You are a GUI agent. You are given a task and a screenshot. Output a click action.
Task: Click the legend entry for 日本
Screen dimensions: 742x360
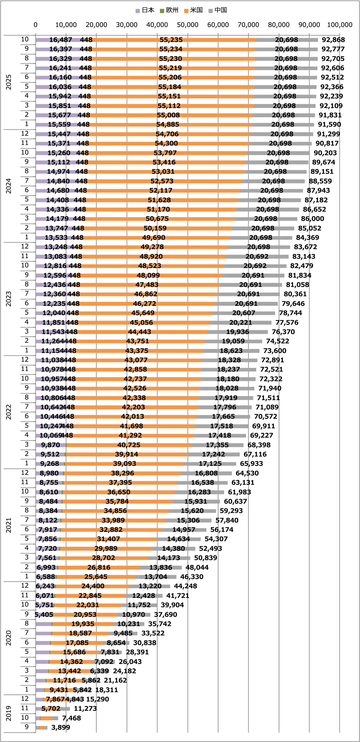click(145, 10)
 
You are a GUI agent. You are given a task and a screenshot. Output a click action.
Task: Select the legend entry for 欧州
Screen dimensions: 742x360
click(169, 10)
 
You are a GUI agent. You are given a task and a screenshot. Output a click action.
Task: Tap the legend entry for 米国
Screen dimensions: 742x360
click(194, 10)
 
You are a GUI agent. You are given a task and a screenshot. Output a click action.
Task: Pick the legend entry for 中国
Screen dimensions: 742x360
click(218, 10)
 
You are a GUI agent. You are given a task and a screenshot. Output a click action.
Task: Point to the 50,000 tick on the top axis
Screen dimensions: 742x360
click(187, 25)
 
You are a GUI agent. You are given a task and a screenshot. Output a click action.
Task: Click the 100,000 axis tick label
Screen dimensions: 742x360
click(340, 25)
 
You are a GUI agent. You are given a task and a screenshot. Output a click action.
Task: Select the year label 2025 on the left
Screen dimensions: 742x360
click(9, 82)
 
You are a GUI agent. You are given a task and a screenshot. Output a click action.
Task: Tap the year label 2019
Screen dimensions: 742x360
click(9, 713)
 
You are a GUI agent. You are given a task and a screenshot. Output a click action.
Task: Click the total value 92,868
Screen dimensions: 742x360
click(333, 40)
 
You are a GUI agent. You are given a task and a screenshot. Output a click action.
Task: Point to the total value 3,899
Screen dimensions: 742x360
click(61, 727)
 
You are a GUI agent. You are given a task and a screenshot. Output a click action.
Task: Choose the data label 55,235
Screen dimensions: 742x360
click(171, 40)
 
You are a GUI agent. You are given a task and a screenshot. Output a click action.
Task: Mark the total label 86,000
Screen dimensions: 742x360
click(313, 219)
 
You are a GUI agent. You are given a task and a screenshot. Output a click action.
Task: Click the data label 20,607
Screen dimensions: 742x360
click(244, 313)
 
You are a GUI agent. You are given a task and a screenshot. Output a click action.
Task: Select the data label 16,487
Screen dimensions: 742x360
click(61, 40)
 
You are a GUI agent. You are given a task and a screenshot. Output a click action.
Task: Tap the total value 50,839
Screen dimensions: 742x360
click(205, 558)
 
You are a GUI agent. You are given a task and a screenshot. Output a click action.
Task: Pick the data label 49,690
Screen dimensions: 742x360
click(154, 237)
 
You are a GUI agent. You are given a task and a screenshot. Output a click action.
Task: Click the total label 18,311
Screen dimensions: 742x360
click(106, 690)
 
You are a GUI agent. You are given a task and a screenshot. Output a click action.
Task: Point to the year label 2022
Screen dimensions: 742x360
click(9, 412)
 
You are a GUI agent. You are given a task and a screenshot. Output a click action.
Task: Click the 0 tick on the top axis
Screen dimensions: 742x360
click(36, 25)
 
